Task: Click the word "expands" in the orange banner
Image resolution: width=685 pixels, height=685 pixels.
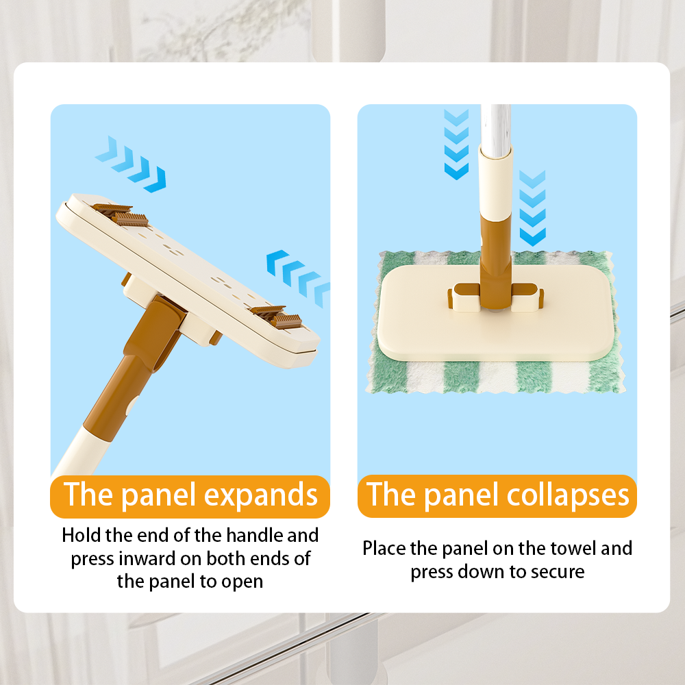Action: [x=261, y=496]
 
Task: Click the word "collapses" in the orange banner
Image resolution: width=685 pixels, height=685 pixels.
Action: [x=568, y=496]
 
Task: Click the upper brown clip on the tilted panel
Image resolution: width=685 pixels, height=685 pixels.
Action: [x=121, y=215]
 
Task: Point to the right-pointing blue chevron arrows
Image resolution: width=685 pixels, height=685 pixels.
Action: [x=131, y=164]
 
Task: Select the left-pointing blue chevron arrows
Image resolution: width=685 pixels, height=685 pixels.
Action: [x=298, y=278]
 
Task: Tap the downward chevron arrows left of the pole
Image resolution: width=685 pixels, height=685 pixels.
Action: [x=456, y=144]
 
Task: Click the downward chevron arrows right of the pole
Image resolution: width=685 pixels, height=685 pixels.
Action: [x=532, y=208]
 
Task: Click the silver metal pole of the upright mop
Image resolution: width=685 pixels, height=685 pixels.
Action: [x=495, y=129]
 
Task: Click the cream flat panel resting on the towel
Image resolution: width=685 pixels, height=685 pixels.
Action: [x=495, y=313]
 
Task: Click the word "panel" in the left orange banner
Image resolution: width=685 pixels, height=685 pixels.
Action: [x=158, y=496]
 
